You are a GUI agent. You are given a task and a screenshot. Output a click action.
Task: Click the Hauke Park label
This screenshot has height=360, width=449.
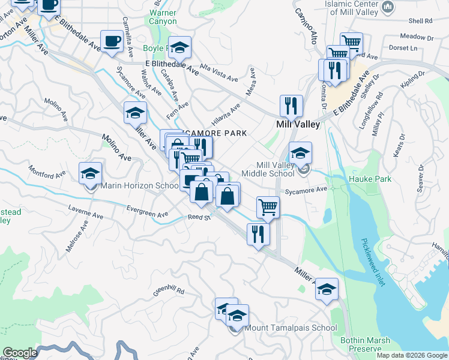[x=371, y=179]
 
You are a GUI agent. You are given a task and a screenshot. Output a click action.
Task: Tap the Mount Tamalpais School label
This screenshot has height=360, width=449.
[x=291, y=328]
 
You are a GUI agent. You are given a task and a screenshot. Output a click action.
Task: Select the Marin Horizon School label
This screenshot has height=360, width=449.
[x=139, y=186]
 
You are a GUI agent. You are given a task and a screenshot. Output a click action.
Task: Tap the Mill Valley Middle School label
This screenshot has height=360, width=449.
[x=267, y=169]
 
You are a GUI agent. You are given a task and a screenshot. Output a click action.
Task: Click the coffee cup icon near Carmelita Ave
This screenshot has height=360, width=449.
[x=111, y=41]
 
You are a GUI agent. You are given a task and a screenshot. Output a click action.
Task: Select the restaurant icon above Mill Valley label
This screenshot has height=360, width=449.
[x=291, y=106]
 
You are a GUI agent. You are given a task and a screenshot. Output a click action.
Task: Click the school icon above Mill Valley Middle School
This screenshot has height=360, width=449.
[x=300, y=152]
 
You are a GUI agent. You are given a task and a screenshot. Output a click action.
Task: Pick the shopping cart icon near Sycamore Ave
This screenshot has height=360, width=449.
[x=268, y=207]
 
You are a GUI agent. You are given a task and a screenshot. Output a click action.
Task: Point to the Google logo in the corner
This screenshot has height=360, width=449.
[x=20, y=353]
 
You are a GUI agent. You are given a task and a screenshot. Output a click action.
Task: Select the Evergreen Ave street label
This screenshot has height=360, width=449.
[x=147, y=211]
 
